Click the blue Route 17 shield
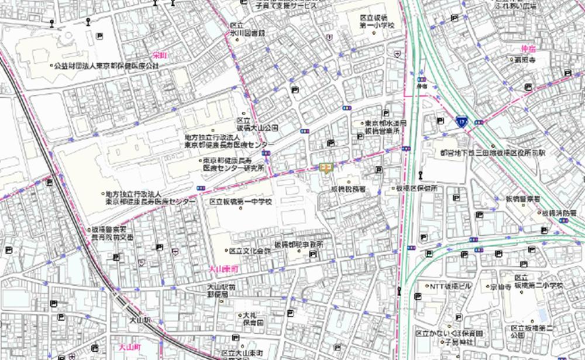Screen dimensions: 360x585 point(462,121)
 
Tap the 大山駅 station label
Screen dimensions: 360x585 point(140,321)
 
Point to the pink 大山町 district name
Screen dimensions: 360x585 point(127,347)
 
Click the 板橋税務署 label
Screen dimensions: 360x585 point(348,190)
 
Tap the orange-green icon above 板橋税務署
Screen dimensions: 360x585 point(326,169)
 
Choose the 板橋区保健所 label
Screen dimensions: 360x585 point(417,188)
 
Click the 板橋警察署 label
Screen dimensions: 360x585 point(523,199)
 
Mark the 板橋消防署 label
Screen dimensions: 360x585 point(563,212)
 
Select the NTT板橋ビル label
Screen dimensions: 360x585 point(450,287)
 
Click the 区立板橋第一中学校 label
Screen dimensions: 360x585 point(240,202)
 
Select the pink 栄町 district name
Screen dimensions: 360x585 point(159,54)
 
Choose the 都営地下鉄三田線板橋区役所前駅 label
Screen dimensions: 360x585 point(493,152)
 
